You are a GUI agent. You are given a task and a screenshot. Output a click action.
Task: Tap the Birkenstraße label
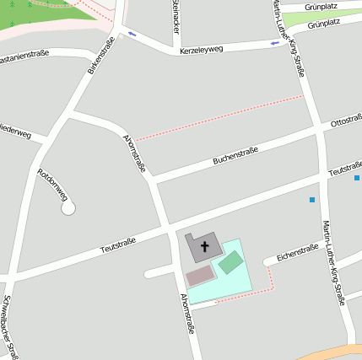[100, 56]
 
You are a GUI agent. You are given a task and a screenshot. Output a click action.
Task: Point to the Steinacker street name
[175, 16]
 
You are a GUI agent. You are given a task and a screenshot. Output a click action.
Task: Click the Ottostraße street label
[345, 121]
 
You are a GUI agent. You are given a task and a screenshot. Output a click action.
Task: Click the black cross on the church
[204, 247]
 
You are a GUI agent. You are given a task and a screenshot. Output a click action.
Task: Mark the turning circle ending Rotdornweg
[68, 207]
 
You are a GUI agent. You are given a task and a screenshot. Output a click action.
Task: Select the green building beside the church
[230, 261]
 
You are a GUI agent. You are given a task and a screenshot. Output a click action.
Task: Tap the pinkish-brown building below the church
[200, 276]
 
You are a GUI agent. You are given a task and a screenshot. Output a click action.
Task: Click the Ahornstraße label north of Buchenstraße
[134, 153]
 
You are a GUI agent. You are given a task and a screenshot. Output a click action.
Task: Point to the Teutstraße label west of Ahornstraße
[118, 245]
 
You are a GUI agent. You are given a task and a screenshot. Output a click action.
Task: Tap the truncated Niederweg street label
[15, 132]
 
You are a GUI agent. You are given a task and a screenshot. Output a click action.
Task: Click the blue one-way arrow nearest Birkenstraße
[132, 34]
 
